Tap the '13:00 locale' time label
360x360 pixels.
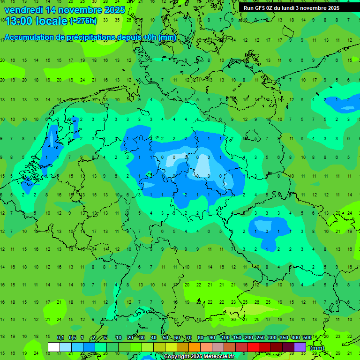[x=36, y=21]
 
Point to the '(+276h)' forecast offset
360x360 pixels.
[x=83, y=21]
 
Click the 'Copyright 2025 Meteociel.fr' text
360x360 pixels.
[x=199, y=357]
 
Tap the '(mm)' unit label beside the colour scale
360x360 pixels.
[x=317, y=348]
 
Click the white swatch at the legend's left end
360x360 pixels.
[x=54, y=347]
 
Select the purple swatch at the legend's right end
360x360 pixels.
[x=300, y=347]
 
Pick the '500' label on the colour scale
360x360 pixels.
[x=307, y=338]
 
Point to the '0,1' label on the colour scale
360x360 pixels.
[x=60, y=338]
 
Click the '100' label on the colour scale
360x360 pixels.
[x=225, y=338]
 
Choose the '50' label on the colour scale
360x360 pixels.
[x=165, y=338]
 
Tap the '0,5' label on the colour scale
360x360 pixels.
[x=72, y=338]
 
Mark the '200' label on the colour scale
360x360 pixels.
[x=249, y=338]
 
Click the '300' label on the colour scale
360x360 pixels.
[x=272, y=338]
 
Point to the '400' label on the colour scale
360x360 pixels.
[x=296, y=338]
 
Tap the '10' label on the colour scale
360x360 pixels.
[x=119, y=338]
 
